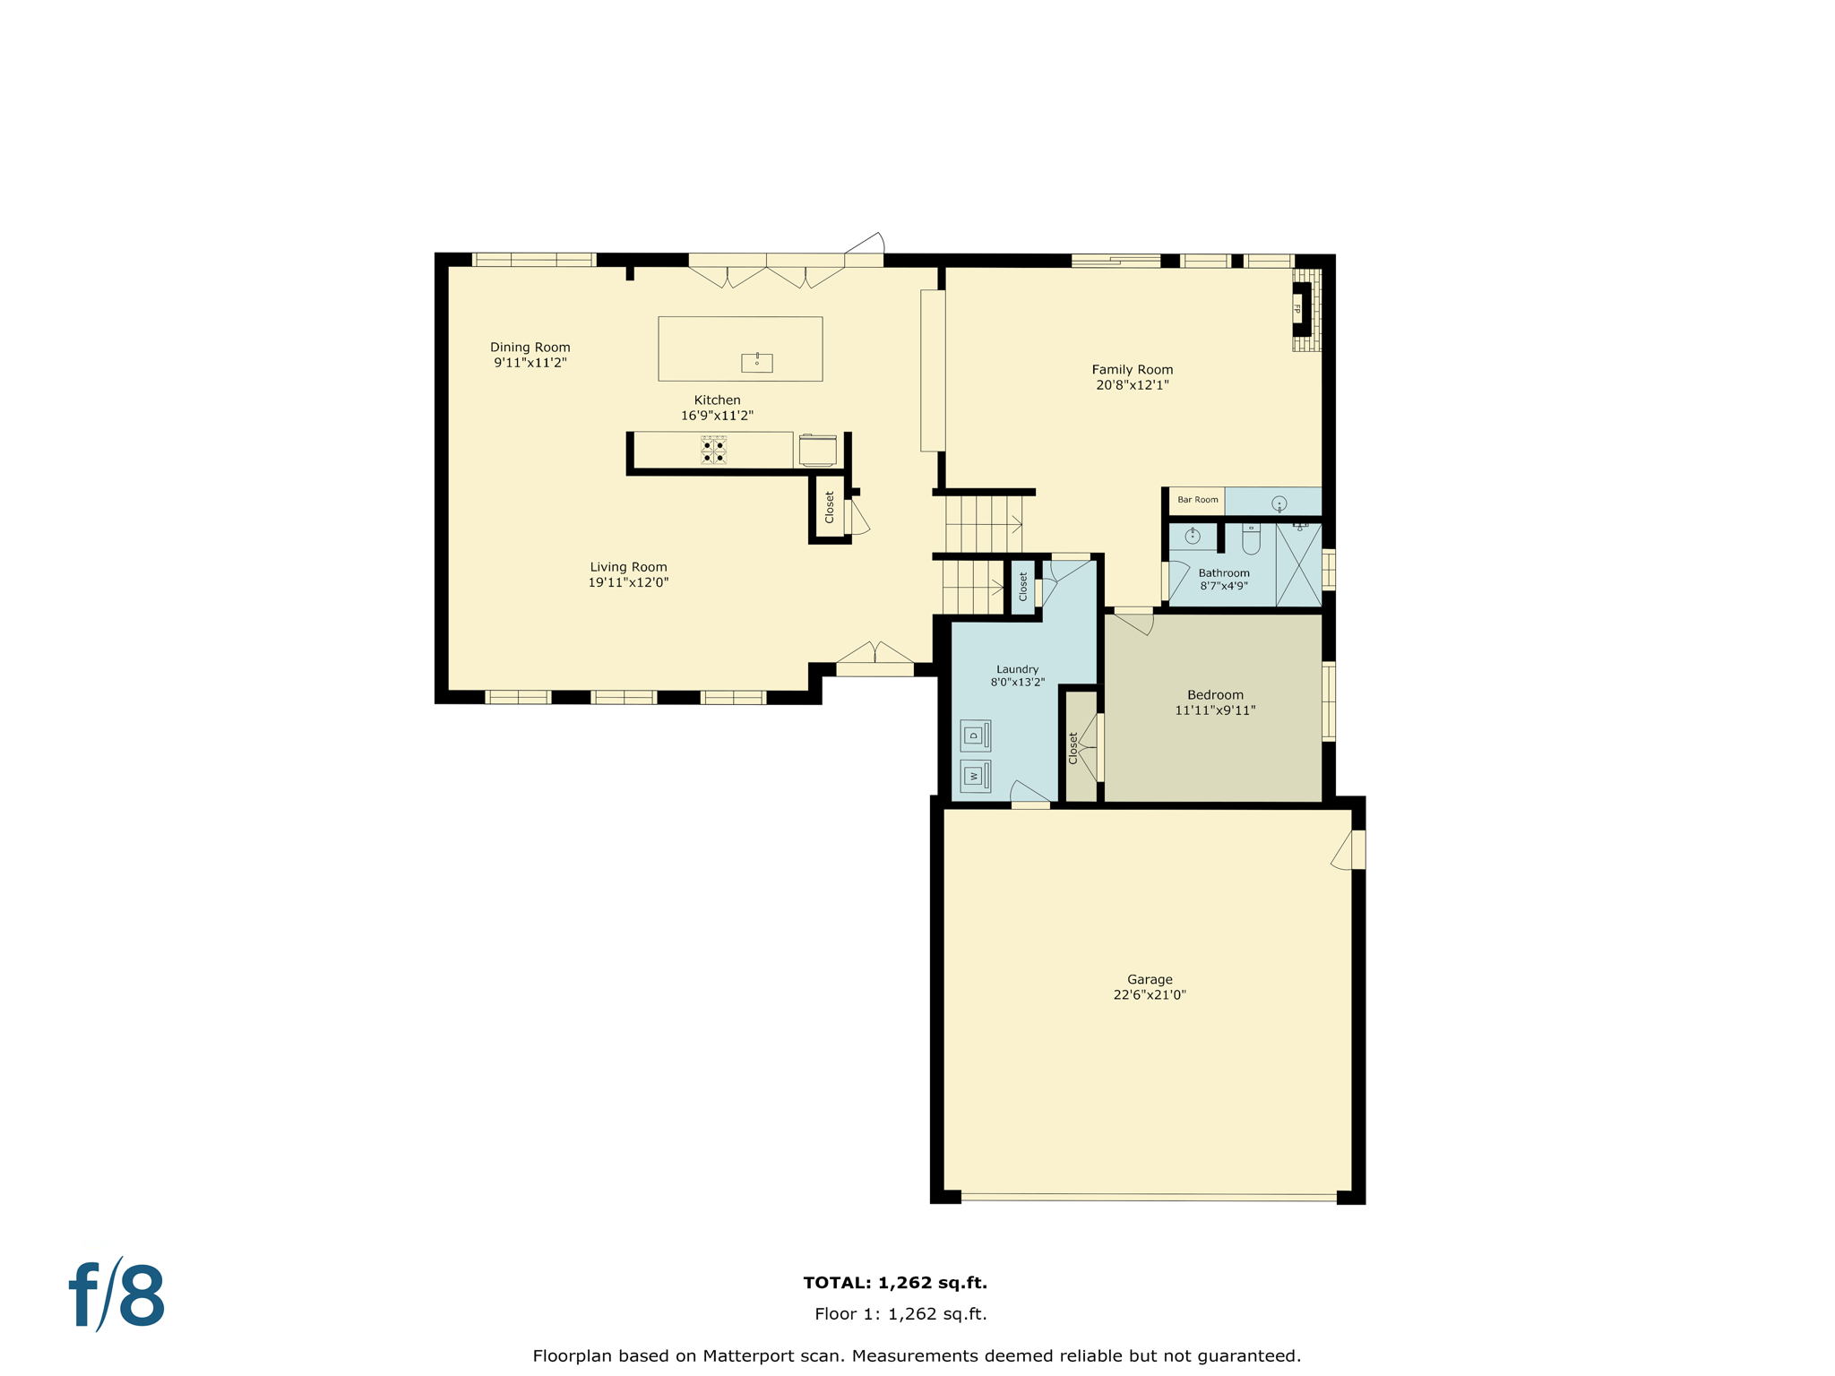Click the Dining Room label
tap(530, 348)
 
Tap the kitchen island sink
tap(756, 363)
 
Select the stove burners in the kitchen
tap(713, 451)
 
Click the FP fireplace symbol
tap(1298, 309)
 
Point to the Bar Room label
tap(1197, 500)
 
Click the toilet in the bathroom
tap(1251, 539)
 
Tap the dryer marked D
tap(975, 735)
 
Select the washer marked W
tap(975, 776)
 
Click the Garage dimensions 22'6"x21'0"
tap(1149, 995)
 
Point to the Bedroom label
tap(1215, 695)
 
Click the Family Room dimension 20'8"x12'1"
tap(1132, 385)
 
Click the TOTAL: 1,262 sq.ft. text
tap(895, 1283)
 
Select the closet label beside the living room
tap(830, 507)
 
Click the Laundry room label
tap(1017, 669)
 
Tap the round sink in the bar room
tap(1279, 503)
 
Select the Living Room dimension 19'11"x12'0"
tap(628, 582)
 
